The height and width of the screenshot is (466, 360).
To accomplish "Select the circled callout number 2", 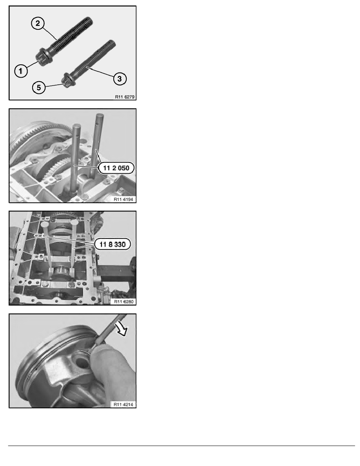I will point(37,24).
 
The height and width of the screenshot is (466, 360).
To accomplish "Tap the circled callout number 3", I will point(120,79).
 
